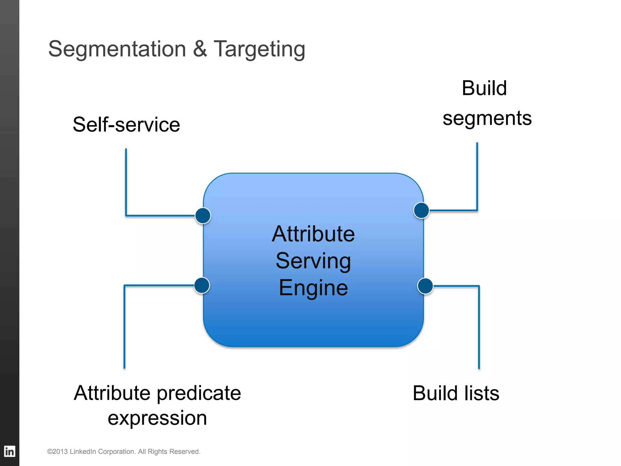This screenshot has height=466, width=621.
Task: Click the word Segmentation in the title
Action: click(117, 49)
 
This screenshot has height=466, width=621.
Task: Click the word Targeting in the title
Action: click(259, 49)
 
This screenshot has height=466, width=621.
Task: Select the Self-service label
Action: click(126, 125)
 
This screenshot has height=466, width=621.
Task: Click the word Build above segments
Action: click(484, 88)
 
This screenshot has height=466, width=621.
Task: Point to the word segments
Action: click(487, 118)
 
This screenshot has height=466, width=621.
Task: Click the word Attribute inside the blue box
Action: click(313, 234)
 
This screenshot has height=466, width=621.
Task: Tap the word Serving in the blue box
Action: click(313, 261)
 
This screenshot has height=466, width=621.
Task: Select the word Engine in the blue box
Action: click(313, 288)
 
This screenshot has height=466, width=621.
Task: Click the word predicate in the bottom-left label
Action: click(199, 393)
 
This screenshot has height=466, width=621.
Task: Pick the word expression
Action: click(157, 418)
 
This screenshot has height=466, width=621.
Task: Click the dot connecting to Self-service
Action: click(203, 216)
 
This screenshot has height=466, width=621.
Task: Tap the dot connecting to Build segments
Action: click(421, 210)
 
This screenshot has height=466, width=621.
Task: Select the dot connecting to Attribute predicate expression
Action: click(202, 285)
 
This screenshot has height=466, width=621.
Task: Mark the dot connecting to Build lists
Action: click(425, 286)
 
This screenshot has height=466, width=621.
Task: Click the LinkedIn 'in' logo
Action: click(9, 451)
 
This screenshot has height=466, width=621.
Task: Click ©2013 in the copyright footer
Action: click(57, 451)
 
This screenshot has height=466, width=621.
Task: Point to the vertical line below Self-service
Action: click(126, 182)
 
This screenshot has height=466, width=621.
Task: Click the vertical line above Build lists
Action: click(479, 328)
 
